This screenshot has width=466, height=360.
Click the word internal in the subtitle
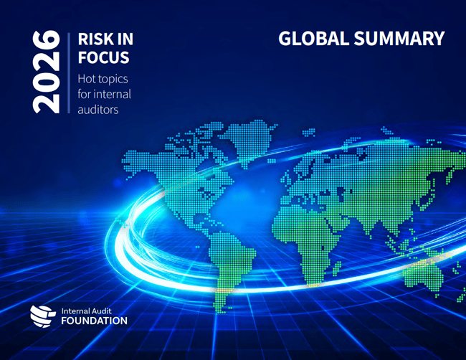point(110,94)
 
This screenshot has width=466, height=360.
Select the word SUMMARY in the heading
point(401,39)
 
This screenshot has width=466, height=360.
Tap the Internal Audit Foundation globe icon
point(42,314)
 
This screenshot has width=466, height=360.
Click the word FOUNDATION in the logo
point(93,321)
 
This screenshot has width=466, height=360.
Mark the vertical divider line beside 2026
point(68,72)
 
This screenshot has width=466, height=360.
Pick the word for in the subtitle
point(85,94)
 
